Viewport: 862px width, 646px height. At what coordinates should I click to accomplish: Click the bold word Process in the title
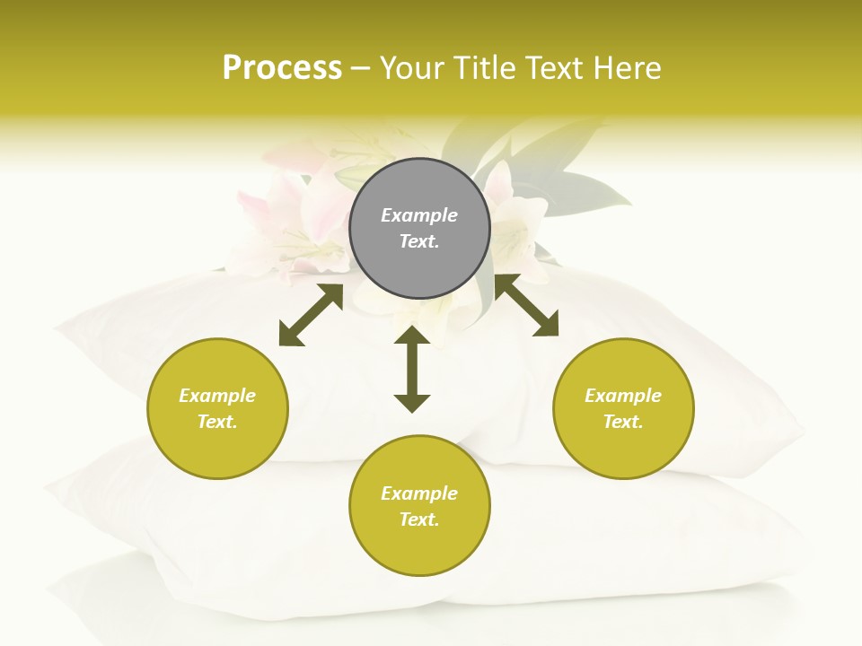tap(282, 68)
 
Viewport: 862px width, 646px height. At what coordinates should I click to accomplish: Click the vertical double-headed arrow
tap(412, 369)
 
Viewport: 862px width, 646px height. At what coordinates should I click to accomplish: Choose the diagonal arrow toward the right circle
tap(526, 305)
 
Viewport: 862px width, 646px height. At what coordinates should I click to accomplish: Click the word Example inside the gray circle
tap(419, 215)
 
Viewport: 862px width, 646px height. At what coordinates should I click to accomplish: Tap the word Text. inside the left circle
tap(217, 422)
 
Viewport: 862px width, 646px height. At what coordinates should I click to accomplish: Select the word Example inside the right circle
tap(623, 396)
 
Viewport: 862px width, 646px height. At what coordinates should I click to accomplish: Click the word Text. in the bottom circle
tap(419, 519)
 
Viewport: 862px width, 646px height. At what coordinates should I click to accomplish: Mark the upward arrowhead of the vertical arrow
tap(412, 336)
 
